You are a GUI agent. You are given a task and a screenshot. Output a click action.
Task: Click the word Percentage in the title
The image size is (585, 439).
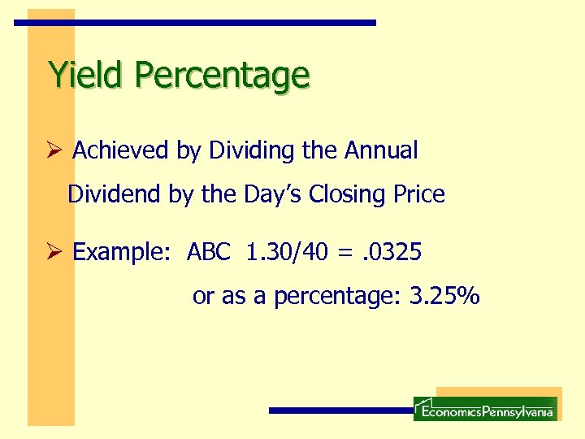pos(222,76)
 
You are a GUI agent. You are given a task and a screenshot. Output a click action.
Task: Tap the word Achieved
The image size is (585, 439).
pos(120,150)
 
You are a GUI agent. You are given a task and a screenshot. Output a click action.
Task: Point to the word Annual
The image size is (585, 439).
pos(381,150)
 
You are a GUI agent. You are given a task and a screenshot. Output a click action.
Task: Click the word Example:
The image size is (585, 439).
pos(123,253)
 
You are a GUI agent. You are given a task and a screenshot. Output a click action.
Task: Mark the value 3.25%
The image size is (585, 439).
pos(445,297)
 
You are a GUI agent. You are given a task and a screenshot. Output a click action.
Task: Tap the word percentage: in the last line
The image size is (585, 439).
pos(338,298)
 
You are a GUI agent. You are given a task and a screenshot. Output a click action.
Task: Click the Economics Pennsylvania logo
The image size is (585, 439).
pos(485,409)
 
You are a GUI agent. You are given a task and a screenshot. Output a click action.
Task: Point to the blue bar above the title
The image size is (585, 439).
pos(195,23)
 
